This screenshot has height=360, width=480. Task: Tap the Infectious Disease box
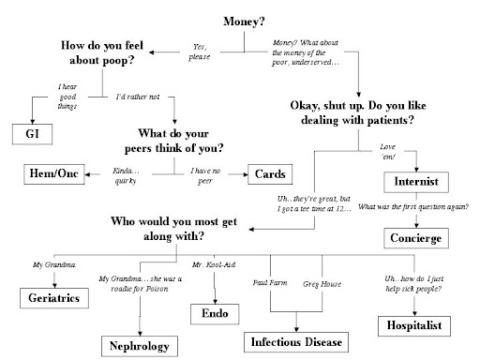[x=295, y=340]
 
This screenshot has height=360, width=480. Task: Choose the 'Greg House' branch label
[x=320, y=282]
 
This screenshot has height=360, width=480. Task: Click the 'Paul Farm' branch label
[x=272, y=282]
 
